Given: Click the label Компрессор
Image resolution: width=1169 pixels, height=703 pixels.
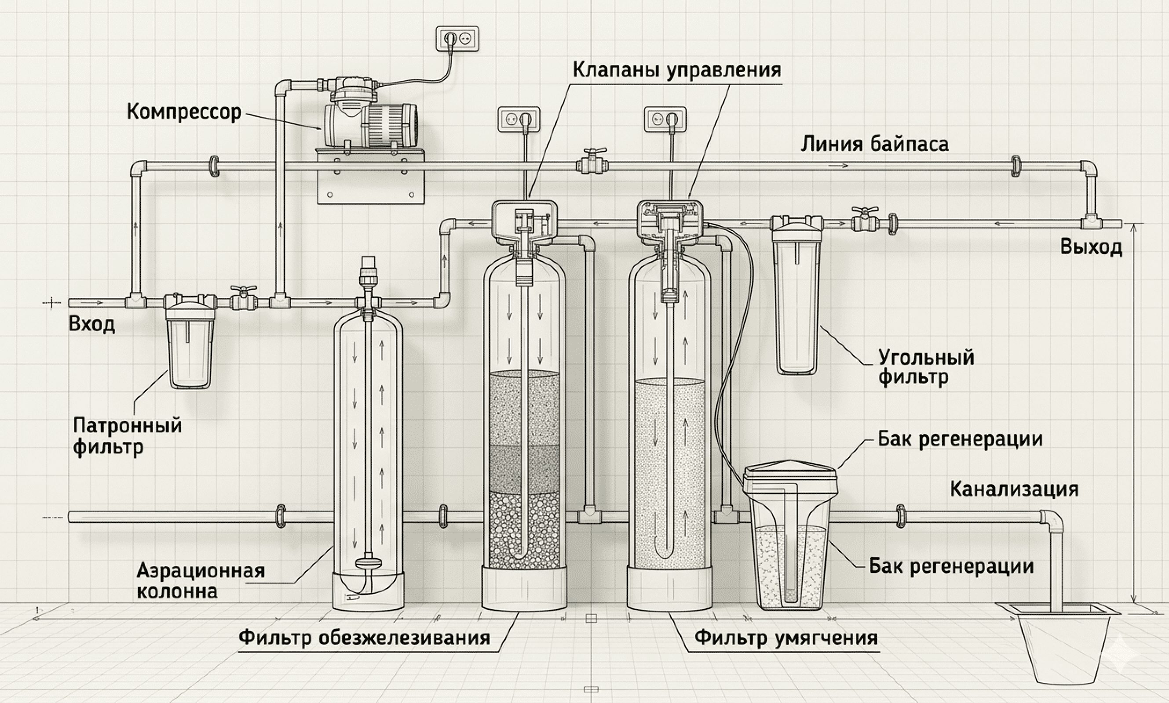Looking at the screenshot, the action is [x=184, y=113].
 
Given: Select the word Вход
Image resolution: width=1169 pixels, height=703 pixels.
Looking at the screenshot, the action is [x=92, y=325].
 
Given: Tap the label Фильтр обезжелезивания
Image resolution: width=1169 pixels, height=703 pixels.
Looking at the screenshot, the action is [x=365, y=638].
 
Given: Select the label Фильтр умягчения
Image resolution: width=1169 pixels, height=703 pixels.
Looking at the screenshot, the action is [x=786, y=638].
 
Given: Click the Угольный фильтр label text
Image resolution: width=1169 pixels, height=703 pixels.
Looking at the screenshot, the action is [x=926, y=367].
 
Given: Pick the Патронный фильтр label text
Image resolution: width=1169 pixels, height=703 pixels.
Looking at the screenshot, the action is [x=127, y=436].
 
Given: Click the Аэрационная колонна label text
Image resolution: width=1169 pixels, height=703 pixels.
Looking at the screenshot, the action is [x=201, y=581].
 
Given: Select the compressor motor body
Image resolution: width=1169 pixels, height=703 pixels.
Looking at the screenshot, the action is [x=370, y=125].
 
